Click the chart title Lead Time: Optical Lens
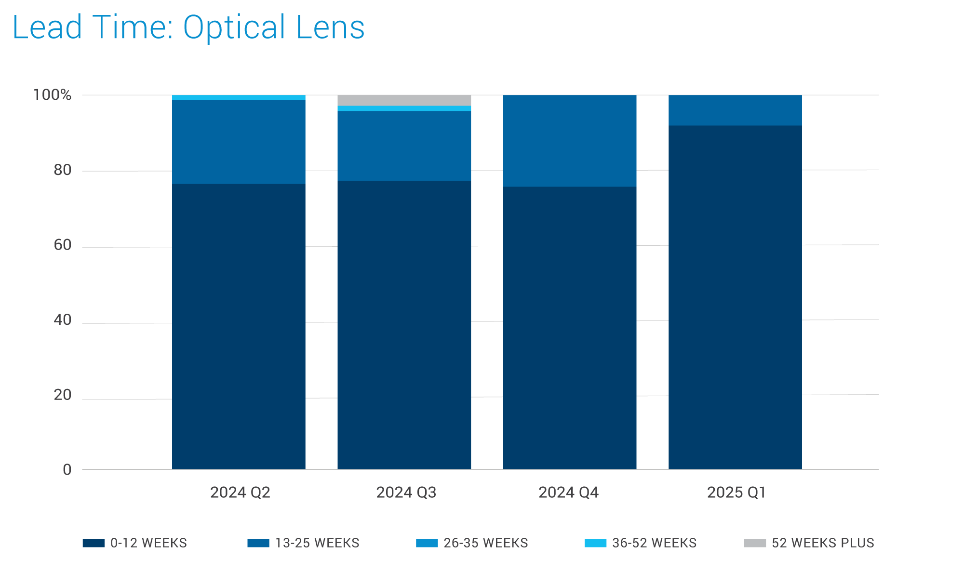coord(188,27)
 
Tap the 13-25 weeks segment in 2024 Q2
coord(239,142)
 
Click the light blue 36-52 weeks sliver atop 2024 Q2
coord(239,97)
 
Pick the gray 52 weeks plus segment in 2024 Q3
coord(404,100)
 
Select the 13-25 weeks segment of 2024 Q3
coord(404,146)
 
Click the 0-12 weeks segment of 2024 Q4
coord(569,328)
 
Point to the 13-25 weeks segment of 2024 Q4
coord(569,141)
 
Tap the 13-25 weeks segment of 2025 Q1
coord(735,110)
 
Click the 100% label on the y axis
coord(52,95)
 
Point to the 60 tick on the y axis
coord(62,245)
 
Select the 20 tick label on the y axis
coord(62,395)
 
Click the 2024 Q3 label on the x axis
coord(406,492)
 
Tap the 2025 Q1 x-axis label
coord(736,492)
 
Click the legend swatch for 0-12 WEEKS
coord(94,543)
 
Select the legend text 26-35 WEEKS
coord(485,543)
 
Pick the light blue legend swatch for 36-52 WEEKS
coord(595,543)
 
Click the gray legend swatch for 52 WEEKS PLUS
coord(755,543)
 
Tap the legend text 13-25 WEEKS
coord(317,543)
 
